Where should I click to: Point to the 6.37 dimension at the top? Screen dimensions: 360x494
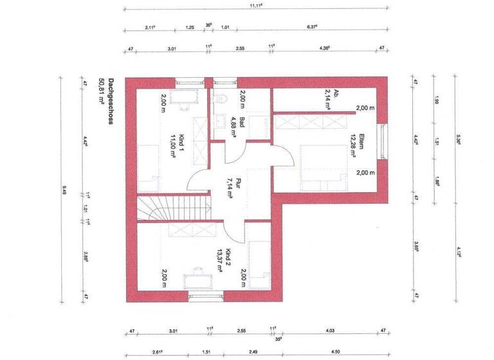[313, 27]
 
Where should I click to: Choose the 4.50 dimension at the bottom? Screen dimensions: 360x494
[336, 352]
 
